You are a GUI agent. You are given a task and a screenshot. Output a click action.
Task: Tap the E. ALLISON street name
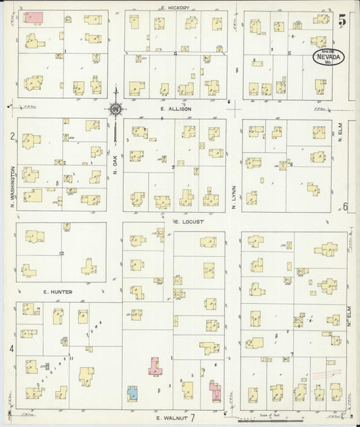(x=176, y=109)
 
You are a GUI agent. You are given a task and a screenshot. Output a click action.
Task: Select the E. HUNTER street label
(x=57, y=292)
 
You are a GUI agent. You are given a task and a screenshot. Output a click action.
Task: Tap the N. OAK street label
(x=115, y=163)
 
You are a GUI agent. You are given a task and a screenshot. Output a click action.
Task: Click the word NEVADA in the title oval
(x=329, y=58)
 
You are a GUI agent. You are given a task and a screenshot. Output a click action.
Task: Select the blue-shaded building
(x=132, y=393)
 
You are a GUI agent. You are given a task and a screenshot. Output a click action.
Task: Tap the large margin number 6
(x=344, y=207)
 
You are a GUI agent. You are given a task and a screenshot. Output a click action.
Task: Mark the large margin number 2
(x=12, y=136)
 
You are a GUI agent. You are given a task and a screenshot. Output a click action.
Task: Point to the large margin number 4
(x=11, y=349)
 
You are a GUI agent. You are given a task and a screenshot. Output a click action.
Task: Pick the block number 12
(x=61, y=253)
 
